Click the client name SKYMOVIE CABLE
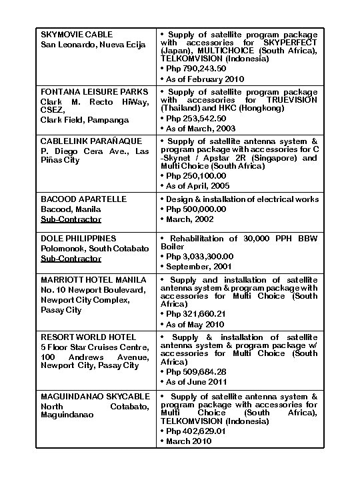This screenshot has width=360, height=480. [77, 34]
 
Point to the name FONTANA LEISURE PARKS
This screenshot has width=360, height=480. [94, 91]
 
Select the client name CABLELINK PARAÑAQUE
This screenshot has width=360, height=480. [91, 141]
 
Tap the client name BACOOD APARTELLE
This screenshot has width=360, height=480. [84, 199]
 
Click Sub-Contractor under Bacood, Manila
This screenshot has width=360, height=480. [71, 219]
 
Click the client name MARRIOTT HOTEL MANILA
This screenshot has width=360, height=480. [93, 279]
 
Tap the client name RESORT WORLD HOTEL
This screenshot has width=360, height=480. [88, 337]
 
